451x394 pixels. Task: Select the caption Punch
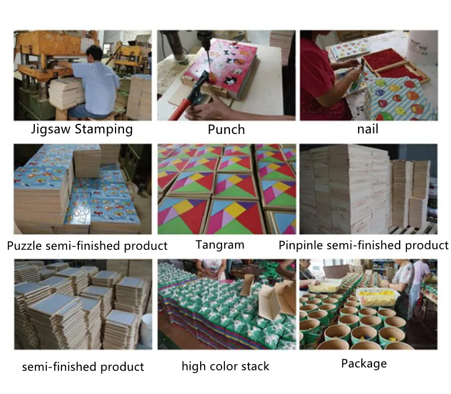tap(226, 130)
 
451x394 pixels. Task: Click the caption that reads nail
tap(367, 129)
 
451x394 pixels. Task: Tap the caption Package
tap(364, 364)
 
